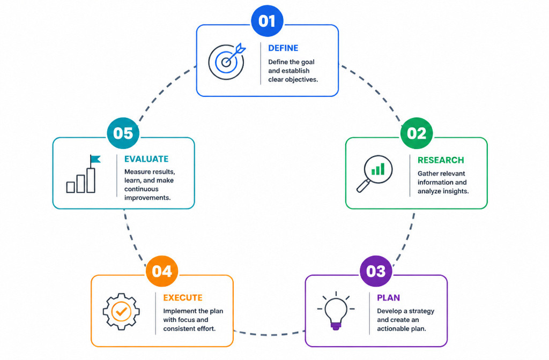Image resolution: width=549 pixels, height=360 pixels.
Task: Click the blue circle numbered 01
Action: [267, 21]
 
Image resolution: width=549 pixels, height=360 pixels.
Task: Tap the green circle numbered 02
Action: [417, 133]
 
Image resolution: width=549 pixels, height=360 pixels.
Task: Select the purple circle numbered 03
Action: [376, 271]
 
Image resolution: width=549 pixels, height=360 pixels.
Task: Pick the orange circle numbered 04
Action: [162, 271]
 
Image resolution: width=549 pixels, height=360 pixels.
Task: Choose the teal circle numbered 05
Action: [123, 133]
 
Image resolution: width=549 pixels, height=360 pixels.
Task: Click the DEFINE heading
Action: [283, 48]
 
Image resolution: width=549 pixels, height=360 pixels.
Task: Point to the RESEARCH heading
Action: [441, 160]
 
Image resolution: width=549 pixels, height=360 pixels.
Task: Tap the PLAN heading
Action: [388, 298]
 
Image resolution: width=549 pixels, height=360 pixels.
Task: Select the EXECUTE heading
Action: [183, 298]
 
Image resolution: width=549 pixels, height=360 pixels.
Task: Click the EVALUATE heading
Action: [146, 159]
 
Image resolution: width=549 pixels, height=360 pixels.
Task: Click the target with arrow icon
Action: [227, 61]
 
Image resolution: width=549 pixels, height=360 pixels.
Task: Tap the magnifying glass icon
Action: [374, 174]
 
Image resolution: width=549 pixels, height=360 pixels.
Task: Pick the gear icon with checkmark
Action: [121, 311]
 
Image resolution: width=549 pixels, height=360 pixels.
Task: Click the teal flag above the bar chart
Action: [95, 159]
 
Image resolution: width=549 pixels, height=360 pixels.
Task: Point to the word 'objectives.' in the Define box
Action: [301, 79]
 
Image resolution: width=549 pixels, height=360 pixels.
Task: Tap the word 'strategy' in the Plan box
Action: [421, 311]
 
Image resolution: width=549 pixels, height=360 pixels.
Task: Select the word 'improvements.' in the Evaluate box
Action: [147, 198]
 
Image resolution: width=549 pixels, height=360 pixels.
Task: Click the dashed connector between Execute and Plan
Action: [269, 334]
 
